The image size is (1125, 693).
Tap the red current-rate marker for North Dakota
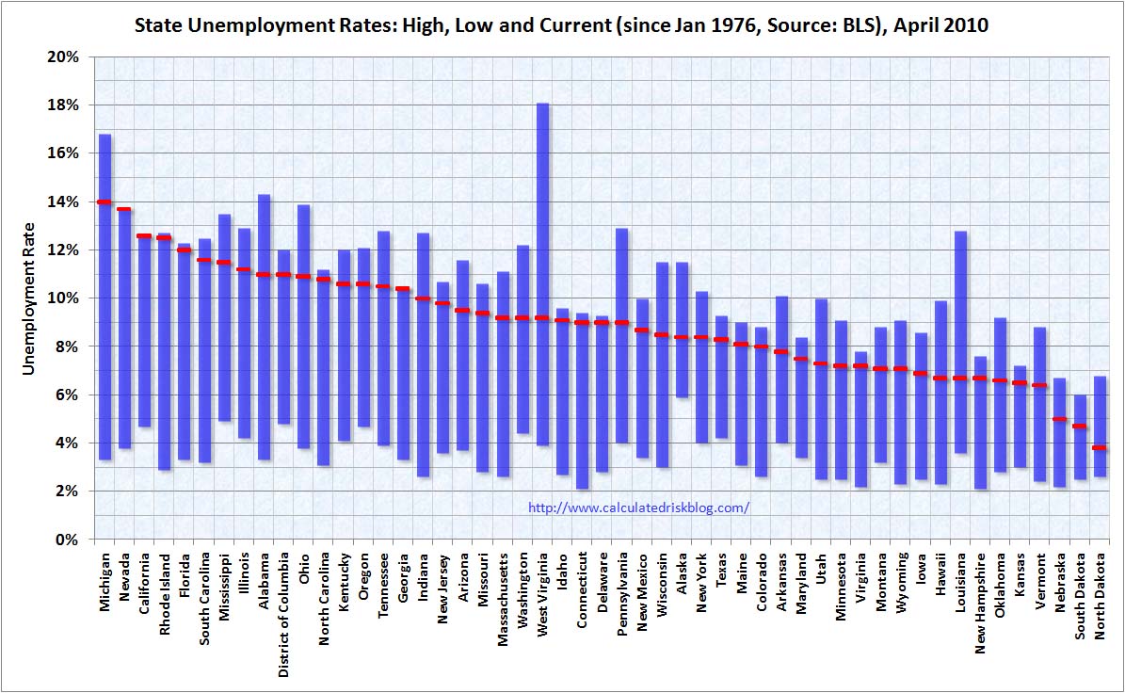1099,448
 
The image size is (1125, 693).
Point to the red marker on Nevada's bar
124,209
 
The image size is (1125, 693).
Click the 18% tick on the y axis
66,105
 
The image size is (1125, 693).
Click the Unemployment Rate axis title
29,298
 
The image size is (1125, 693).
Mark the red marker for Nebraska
1059,419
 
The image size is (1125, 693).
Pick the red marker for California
144,236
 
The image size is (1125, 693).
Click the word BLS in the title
836,25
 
